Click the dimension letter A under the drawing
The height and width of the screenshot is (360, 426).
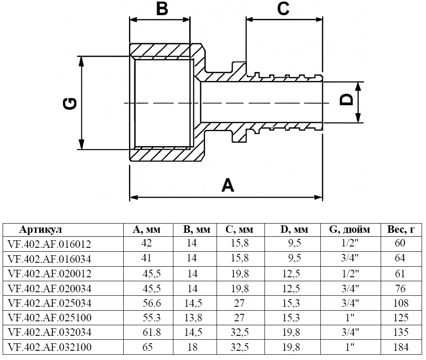click(228, 185)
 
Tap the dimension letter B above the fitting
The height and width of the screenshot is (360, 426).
click(162, 8)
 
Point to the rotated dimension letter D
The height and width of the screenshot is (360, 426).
click(348, 99)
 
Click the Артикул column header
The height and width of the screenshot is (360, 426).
click(41, 230)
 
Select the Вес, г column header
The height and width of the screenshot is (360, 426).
click(399, 230)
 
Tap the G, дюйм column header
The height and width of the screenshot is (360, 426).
click(349, 230)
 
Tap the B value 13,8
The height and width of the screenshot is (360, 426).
click(192, 318)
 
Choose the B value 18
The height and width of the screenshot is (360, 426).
click(192, 347)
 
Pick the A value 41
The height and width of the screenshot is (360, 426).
click(146, 258)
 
